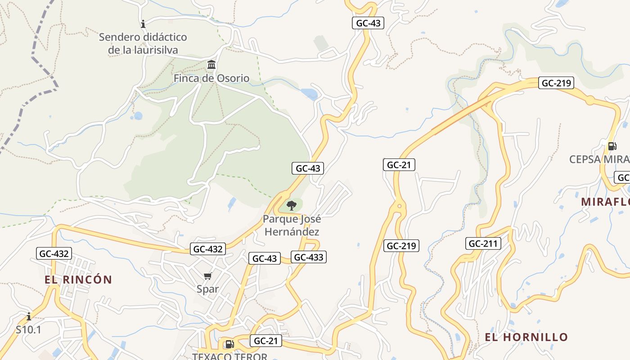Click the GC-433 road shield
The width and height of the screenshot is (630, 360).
(308, 257)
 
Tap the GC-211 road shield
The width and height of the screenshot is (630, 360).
(483, 243)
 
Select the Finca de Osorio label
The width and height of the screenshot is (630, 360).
(211, 78)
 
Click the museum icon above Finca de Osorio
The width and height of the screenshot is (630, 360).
(211, 64)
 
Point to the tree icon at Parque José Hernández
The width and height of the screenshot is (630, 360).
(292, 206)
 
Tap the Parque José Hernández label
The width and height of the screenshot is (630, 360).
(292, 225)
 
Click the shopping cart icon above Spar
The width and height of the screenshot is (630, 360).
(207, 276)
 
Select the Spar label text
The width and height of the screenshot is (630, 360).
(207, 289)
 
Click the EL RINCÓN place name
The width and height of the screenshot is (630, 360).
(78, 279)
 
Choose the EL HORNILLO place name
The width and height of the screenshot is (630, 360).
(526, 337)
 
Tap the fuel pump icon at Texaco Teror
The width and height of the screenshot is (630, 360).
(229, 344)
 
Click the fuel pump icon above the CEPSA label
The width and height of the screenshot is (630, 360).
(612, 146)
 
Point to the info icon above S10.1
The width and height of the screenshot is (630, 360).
(29, 316)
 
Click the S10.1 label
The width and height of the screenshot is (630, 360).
(28, 329)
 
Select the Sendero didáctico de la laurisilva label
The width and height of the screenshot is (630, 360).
(143, 43)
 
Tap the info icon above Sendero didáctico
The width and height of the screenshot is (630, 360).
(143, 24)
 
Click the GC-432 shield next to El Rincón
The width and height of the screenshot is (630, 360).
(54, 253)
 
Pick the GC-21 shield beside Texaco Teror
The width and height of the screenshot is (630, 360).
(265, 341)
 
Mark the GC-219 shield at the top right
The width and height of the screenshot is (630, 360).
(556, 83)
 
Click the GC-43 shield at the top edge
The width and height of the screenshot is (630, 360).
(368, 23)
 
